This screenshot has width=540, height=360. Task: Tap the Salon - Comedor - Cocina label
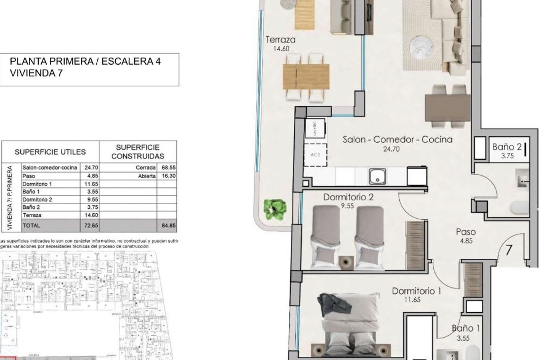click(x=397, y=139)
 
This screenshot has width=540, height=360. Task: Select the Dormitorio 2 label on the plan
click(x=348, y=197)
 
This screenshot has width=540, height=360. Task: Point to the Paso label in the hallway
click(x=465, y=232)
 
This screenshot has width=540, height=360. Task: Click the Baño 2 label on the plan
click(x=507, y=147)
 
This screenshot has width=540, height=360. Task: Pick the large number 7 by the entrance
click(x=509, y=250)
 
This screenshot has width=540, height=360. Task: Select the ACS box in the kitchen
click(x=315, y=154)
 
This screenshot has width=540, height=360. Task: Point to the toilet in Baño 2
click(x=521, y=208)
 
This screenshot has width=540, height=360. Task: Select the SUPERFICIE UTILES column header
click(x=50, y=152)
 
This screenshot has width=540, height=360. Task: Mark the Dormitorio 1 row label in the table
click(x=37, y=184)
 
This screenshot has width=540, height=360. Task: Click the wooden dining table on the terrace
click(x=306, y=77)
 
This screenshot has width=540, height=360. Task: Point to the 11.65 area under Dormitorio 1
click(x=416, y=300)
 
